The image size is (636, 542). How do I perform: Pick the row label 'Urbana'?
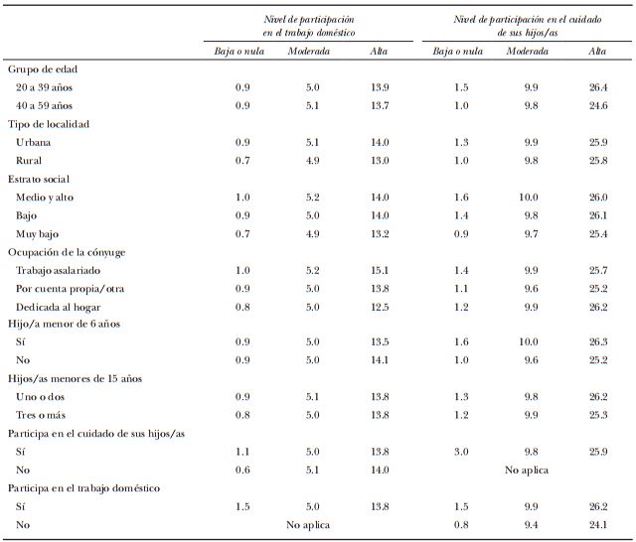pos(35,142)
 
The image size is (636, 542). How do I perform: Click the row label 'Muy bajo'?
pos(38,233)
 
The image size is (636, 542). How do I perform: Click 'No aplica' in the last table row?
pos(307,523)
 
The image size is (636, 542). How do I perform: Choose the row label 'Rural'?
pos(30,160)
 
